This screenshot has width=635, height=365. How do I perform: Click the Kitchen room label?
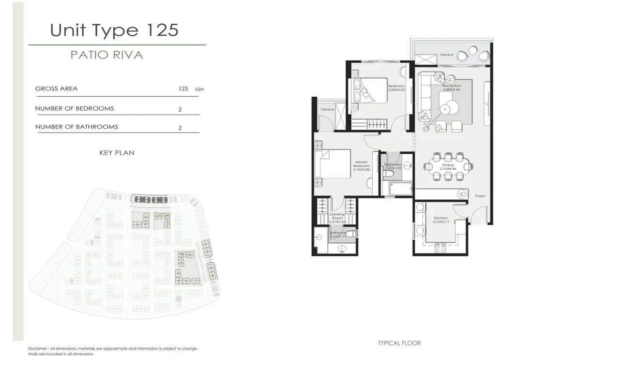pos(440,218)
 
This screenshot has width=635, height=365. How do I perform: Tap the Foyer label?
pos(480,196)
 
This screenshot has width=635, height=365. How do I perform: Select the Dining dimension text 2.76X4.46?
pos(448,169)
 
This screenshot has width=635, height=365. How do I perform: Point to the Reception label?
pos(452,86)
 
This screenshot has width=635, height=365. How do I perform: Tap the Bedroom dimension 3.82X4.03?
pos(396,90)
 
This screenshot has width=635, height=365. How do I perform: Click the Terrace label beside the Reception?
pos(446,55)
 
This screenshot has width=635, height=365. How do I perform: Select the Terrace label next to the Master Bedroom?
pos(327,109)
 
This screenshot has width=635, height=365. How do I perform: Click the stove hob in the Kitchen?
pos(440,248)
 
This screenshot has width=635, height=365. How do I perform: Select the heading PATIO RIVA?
pos(107,55)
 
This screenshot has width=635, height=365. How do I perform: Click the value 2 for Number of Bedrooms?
pos(180,109)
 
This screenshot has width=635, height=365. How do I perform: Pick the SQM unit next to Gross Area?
pos(199,89)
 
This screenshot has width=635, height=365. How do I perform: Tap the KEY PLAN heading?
pos(117,153)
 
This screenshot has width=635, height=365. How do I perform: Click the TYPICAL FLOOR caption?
pos(399,343)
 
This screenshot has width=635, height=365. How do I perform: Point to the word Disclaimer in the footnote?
pos(37,348)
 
